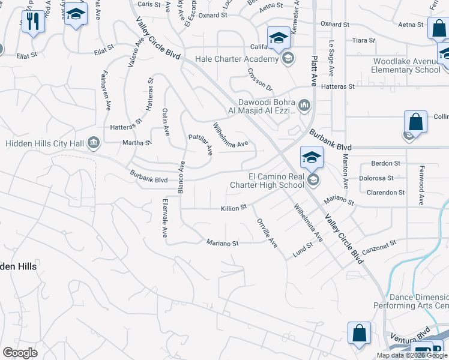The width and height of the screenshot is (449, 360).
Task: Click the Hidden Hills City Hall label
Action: click(x=45, y=143)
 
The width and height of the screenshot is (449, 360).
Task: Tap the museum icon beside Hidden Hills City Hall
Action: click(x=94, y=142)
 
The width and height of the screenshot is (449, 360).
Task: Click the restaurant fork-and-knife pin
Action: click(x=32, y=22)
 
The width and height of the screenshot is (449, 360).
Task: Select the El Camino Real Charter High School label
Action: click(x=267, y=181)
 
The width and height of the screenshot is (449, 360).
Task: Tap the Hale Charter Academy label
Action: click(x=237, y=59)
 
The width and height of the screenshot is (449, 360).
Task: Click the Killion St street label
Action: click(x=234, y=207)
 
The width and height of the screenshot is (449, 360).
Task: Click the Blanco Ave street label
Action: click(x=179, y=177)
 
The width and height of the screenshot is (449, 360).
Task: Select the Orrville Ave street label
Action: click(x=267, y=233)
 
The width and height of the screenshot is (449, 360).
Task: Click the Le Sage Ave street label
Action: click(x=331, y=59)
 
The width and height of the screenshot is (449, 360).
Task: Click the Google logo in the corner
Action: click(x=20, y=352)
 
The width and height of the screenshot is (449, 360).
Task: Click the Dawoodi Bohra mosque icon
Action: click(x=304, y=106)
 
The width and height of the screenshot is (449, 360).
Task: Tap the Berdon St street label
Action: click(x=385, y=163)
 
